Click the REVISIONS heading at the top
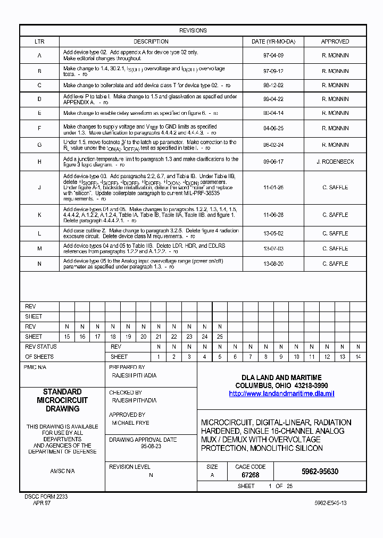193,30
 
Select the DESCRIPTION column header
151,41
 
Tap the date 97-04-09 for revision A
273,55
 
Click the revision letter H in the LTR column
39,162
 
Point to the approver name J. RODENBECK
335,162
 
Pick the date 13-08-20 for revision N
273,264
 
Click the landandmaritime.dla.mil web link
281,394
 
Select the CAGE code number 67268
250,475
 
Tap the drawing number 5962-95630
319,472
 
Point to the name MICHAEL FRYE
130,423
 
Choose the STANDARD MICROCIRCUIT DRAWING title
62,400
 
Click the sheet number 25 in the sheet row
220,337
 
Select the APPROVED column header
335,41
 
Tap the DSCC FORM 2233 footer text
46,496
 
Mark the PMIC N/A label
35,367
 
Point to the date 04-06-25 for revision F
273,129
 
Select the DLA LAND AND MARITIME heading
281,377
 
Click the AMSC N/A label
62,471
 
